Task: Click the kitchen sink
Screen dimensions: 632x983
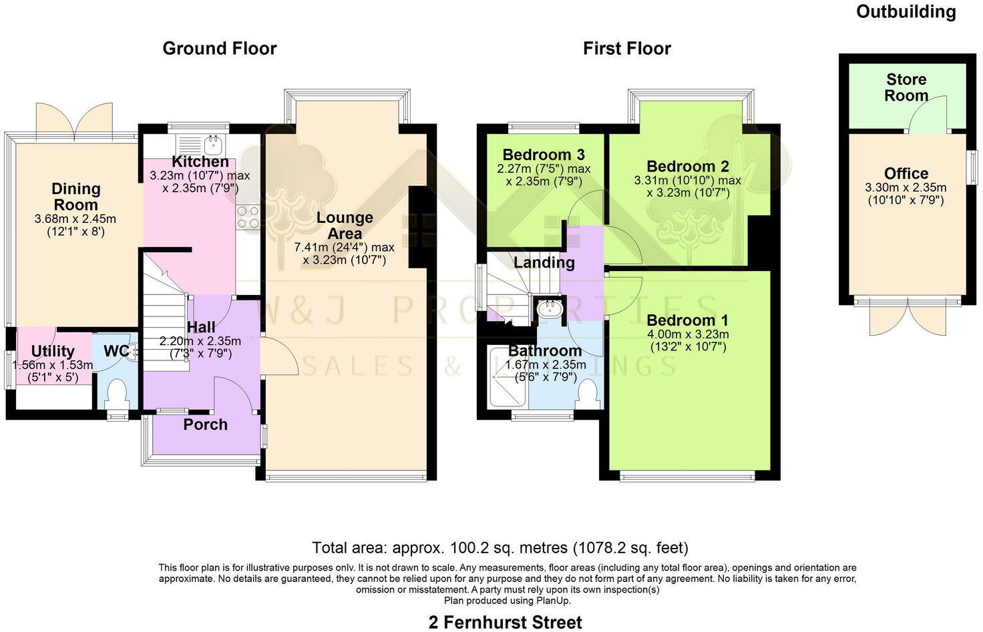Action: [214, 143]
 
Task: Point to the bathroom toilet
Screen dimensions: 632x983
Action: [588, 393]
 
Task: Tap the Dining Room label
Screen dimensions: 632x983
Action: [75, 197]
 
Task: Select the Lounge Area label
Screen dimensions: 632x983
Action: [345, 226]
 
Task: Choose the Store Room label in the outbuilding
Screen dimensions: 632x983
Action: [906, 87]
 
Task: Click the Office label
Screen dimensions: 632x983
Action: [906, 174]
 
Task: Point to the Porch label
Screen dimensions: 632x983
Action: [206, 425]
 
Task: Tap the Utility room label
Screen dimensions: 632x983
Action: [53, 351]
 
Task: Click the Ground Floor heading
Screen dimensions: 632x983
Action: [219, 48]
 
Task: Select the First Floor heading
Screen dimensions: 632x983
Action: [626, 48]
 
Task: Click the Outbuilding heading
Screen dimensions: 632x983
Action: [906, 11]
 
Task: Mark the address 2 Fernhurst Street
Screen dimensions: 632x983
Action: [505, 622]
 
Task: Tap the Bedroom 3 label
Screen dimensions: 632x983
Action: [544, 155]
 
